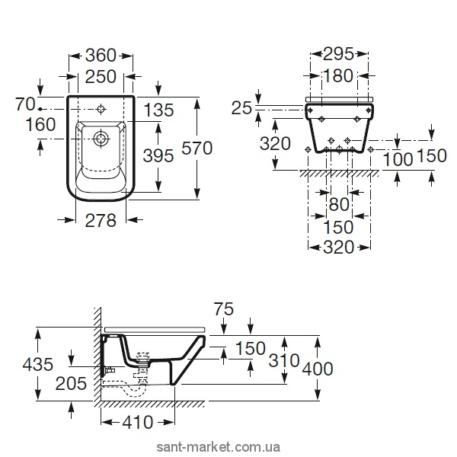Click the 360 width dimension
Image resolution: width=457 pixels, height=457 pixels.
click(100, 55)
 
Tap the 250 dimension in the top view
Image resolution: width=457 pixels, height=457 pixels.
click(100, 76)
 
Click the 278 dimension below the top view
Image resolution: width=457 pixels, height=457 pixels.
click(100, 222)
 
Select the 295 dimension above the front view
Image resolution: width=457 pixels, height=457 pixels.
click(337, 55)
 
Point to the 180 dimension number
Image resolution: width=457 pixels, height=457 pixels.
click(337, 76)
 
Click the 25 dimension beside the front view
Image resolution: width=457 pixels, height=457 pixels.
click(241, 109)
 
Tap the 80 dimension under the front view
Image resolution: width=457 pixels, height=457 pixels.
click(337, 204)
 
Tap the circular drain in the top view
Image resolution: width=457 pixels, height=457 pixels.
click(101, 139)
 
